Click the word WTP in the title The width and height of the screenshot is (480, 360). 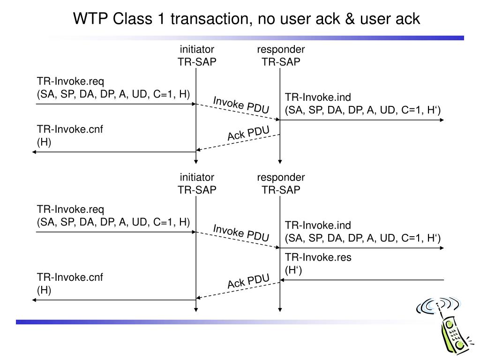pyautogui.click(x=90, y=19)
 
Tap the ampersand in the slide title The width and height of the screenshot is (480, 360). pyautogui.click(x=350, y=19)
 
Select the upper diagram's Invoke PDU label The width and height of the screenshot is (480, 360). pyautogui.click(x=241, y=105)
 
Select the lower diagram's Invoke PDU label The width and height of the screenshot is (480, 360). pyautogui.click(x=241, y=232)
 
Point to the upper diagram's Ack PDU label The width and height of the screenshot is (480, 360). pyautogui.click(x=248, y=134)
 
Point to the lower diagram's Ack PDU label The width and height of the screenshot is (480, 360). pyautogui.click(x=248, y=281)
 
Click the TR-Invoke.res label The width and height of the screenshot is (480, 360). pyautogui.click(x=318, y=257)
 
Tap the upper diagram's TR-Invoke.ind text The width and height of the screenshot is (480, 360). pyautogui.click(x=318, y=97)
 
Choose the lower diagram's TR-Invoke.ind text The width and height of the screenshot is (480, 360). pyautogui.click(x=318, y=225)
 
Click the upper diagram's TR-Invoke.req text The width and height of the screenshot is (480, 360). pyautogui.click(x=70, y=82)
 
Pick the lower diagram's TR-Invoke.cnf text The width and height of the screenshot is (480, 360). pyautogui.click(x=70, y=277)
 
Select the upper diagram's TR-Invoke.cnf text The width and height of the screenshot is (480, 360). pyautogui.click(x=70, y=129)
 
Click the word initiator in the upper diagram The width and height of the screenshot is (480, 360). pyautogui.click(x=197, y=49)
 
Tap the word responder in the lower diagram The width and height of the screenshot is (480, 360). pyautogui.click(x=281, y=178)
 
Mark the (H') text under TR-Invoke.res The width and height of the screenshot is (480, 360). pyautogui.click(x=293, y=270)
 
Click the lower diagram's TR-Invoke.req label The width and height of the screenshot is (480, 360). pyautogui.click(x=70, y=210)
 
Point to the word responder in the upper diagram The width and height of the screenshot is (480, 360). pyautogui.click(x=281, y=50)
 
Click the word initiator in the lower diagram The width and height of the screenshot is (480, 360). pyautogui.click(x=197, y=177)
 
